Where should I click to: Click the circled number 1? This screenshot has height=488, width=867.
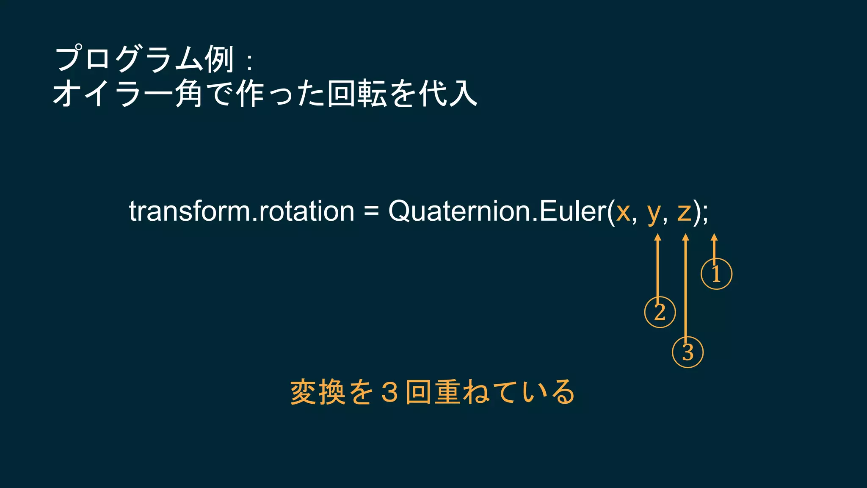coord(716,274)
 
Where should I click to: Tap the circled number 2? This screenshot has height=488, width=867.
coord(660,312)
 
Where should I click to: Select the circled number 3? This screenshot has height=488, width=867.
coord(688,352)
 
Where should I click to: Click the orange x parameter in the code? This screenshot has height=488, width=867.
coord(623,212)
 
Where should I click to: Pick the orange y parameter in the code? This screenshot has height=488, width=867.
coord(654,213)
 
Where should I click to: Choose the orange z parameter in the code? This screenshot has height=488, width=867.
coord(684,212)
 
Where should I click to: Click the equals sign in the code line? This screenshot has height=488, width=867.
coord(371,211)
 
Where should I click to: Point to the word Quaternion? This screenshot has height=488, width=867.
coord(459,211)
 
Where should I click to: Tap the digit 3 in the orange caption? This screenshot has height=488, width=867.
coord(389,392)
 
